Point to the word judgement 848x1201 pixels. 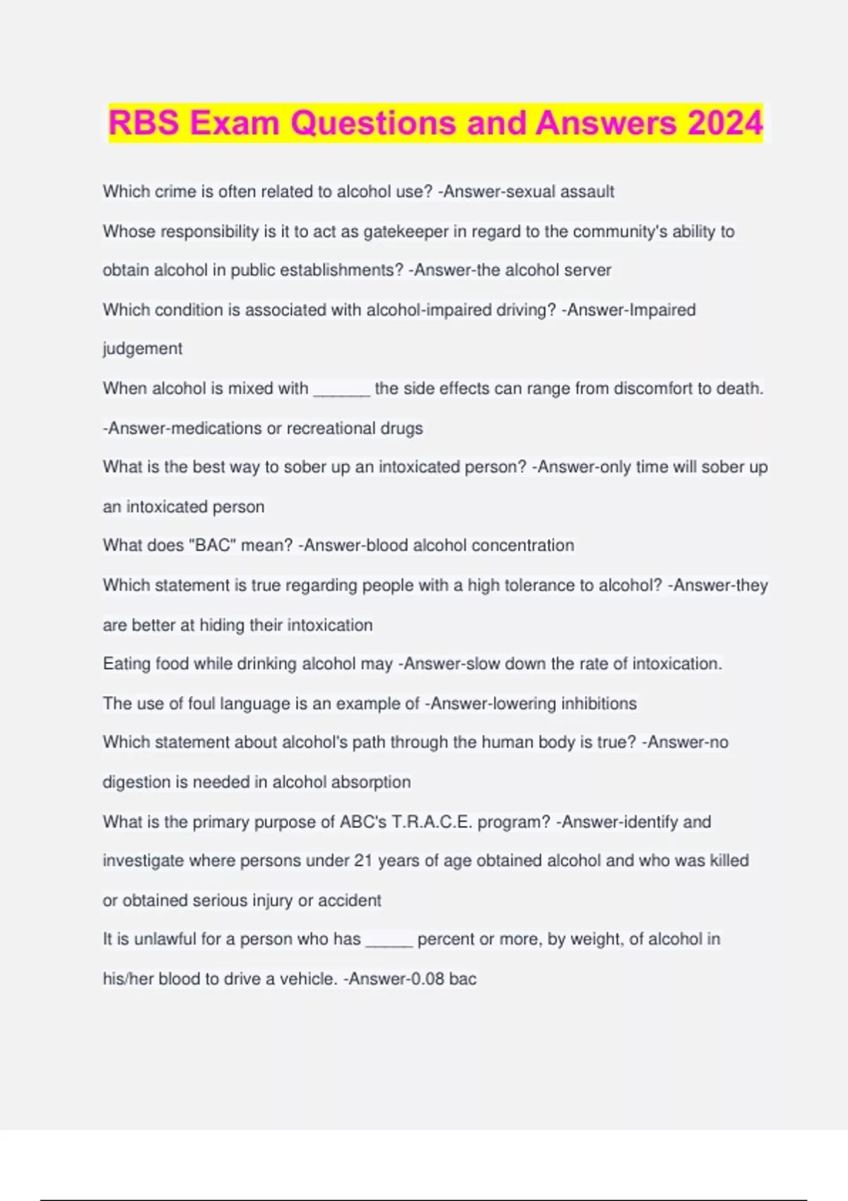[x=142, y=349]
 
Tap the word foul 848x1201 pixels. [x=201, y=704]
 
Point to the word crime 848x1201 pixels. [x=176, y=191]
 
